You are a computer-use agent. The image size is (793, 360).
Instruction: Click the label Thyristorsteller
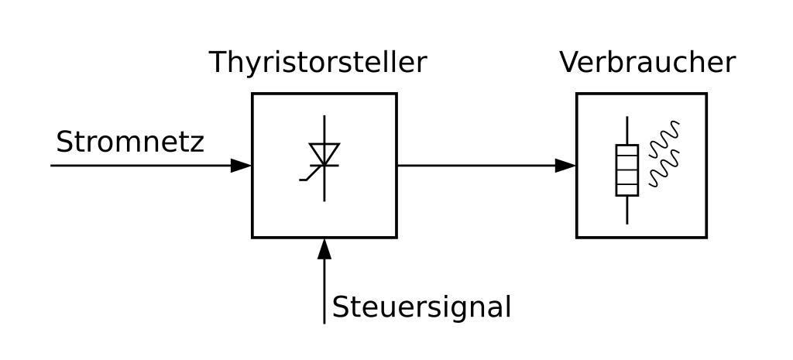tap(318, 63)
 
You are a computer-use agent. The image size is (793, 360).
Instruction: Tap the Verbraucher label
tap(647, 63)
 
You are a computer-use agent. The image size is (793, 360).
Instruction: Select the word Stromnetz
tap(130, 142)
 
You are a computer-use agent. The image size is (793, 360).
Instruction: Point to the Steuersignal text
tap(421, 307)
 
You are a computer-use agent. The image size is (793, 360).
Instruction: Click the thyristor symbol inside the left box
tap(324, 158)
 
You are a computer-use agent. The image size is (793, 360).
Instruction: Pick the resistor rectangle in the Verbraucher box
tap(627, 170)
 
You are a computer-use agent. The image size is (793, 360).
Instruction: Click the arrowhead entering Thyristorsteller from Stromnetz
tap(242, 165)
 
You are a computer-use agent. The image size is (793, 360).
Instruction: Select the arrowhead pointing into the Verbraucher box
tap(566, 165)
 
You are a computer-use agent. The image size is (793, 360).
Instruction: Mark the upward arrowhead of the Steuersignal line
tap(324, 249)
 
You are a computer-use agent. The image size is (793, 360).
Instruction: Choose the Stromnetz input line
tap(139, 165)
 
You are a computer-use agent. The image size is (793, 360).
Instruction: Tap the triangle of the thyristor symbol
tap(324, 153)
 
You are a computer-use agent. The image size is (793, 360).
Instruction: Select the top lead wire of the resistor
tap(627, 130)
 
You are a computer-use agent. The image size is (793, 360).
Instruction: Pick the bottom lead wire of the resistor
tap(627, 210)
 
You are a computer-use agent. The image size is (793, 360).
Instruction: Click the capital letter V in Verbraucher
tap(568, 63)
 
